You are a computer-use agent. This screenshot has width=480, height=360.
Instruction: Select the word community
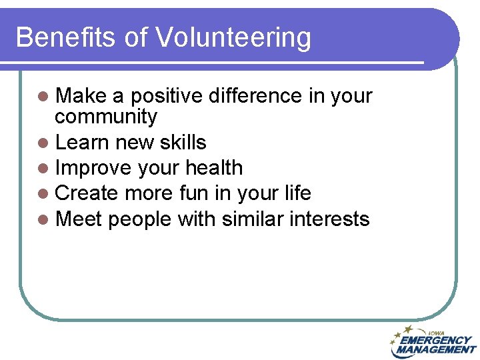(106, 118)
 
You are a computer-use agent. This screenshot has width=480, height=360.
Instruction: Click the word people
(139, 219)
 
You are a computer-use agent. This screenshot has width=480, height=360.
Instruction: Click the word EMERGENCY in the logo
(436, 340)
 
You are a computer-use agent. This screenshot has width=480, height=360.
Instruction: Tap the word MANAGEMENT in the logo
(436, 349)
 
